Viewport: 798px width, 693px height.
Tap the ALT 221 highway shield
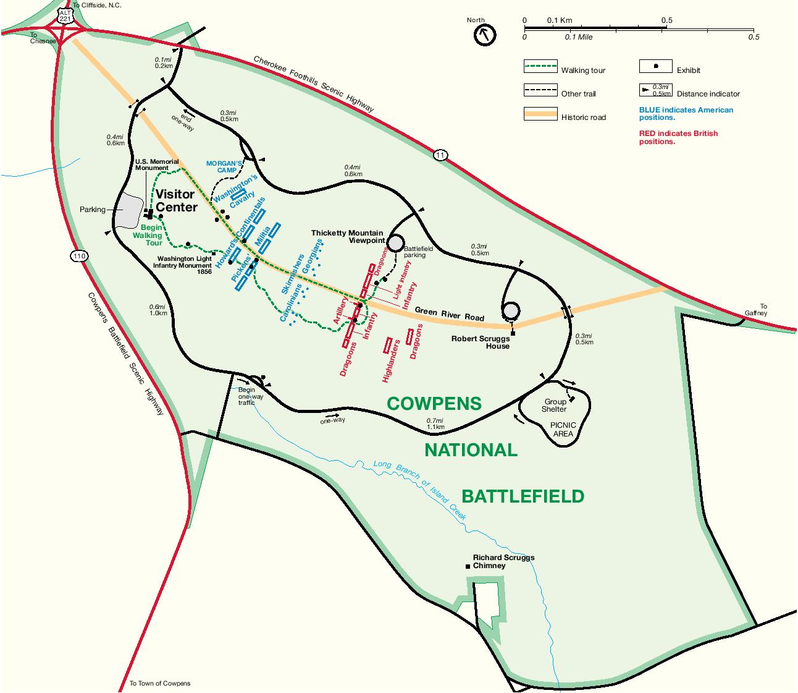[x=65, y=17]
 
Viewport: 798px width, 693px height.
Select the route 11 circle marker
[x=439, y=155]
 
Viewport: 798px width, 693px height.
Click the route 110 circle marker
[x=78, y=256]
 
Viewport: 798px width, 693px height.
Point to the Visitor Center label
[x=176, y=201]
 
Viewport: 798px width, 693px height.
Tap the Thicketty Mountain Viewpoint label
[x=347, y=236]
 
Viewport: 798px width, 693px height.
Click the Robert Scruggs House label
[x=481, y=342]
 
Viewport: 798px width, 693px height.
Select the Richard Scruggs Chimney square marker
[x=468, y=566]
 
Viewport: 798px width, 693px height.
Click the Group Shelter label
[x=554, y=405]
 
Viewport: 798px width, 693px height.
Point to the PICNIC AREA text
[x=563, y=429]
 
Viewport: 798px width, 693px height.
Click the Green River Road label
[x=449, y=313]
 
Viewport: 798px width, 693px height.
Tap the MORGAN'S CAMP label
[x=221, y=166]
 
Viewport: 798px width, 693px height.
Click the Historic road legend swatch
[x=540, y=114]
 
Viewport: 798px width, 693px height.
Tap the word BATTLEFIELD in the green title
[x=523, y=496]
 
